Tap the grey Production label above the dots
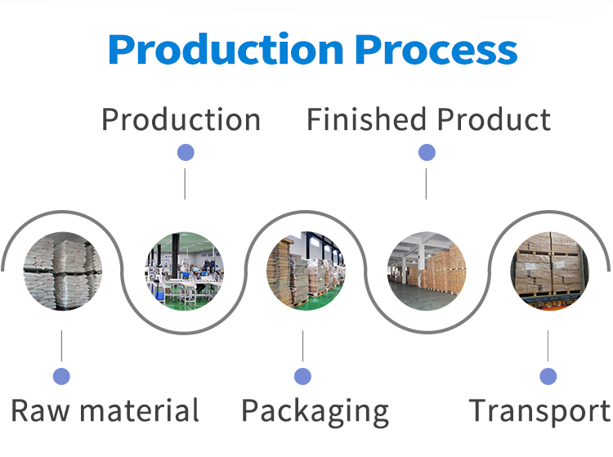point(181,120)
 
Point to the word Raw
point(40,410)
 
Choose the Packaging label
point(315,411)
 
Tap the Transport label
point(539,410)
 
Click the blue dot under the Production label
point(186,152)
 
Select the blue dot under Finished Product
point(427,152)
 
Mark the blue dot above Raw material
point(61,376)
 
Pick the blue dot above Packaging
point(303,376)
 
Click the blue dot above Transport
point(548,376)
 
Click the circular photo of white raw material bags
point(62,271)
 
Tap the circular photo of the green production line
point(185,271)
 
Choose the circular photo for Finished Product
point(427,271)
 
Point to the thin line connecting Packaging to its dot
point(303,347)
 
